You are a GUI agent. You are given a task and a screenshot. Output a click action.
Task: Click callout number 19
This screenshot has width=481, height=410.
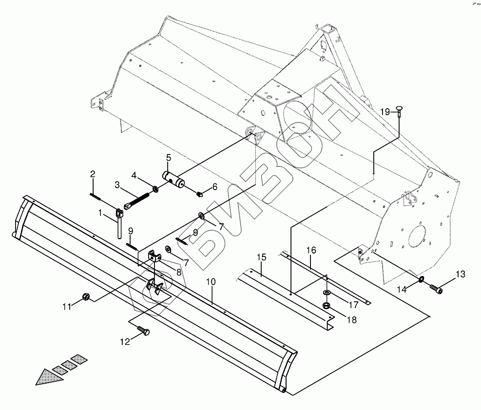(x=385, y=112)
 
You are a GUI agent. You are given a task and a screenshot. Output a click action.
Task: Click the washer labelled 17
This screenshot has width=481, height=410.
(x=327, y=293)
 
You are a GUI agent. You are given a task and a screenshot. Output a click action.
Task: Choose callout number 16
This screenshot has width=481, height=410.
(x=311, y=250)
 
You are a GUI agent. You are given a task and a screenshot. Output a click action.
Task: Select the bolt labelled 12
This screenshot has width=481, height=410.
(x=144, y=332)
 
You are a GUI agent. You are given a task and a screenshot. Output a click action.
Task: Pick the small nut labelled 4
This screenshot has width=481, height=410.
(x=154, y=189)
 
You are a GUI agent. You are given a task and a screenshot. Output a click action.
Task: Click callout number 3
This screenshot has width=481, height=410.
(x=117, y=185)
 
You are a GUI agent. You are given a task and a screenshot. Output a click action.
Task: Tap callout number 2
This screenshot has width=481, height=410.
(x=92, y=174)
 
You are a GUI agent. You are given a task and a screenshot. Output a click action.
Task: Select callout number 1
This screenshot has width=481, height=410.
(x=101, y=213)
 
